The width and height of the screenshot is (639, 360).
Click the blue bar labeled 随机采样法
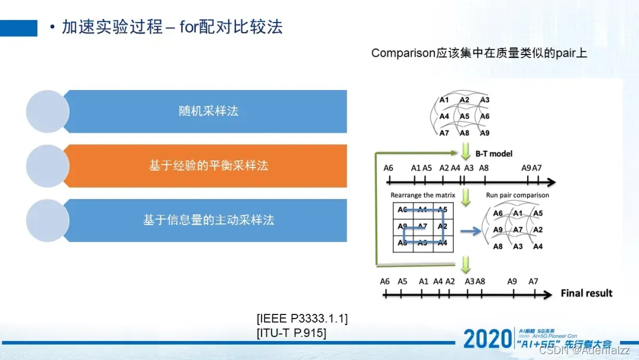click(x=207, y=111)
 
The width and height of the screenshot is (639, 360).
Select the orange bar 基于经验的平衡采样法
click(x=207, y=166)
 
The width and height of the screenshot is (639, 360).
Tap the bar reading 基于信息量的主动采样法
click(x=207, y=220)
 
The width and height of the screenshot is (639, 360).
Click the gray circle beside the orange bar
click(x=48, y=166)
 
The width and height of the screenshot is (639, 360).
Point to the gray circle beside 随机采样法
click(x=48, y=111)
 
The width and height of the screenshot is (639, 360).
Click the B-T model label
click(x=493, y=153)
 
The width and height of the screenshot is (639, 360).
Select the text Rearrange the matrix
click(x=422, y=195)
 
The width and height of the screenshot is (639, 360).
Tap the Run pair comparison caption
click(x=517, y=195)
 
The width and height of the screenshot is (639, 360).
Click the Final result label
click(x=586, y=293)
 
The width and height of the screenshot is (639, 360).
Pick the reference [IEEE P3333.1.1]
click(x=302, y=319)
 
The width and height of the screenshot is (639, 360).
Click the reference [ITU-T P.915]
click(x=291, y=333)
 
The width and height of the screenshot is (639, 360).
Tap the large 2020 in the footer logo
click(x=486, y=339)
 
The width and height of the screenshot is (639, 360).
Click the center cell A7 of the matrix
click(x=422, y=226)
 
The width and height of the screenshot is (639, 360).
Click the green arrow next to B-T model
click(x=465, y=152)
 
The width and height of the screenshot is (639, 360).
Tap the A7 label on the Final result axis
click(x=533, y=281)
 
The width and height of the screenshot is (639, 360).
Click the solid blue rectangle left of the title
click(x=18, y=28)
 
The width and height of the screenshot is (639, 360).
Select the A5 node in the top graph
click(x=464, y=116)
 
